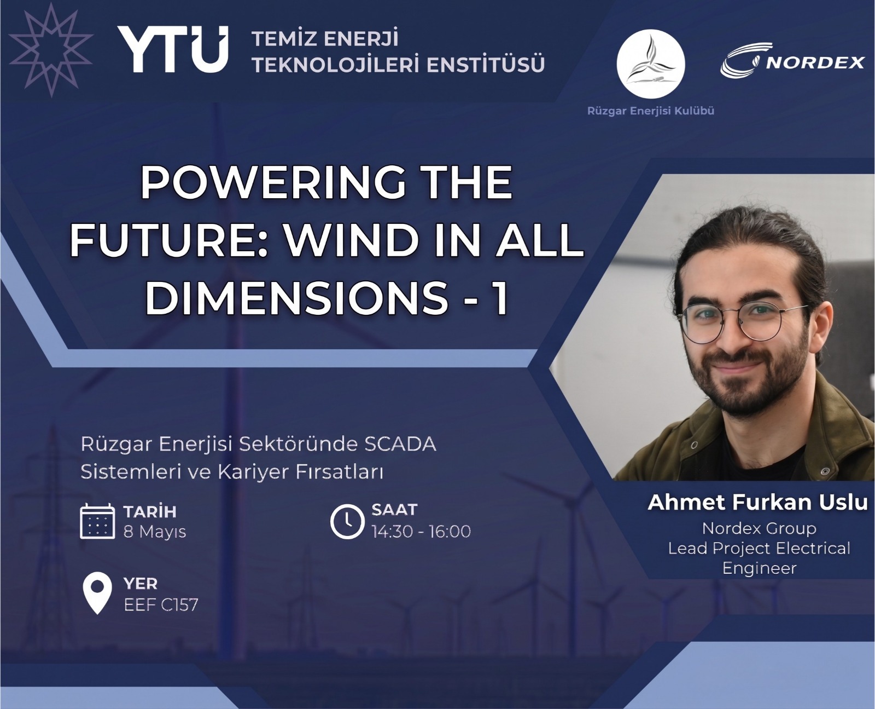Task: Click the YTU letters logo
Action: pos(172,49)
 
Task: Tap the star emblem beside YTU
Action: pos(50,50)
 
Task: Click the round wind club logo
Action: pos(650,64)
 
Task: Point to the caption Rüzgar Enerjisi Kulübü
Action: pos(651,111)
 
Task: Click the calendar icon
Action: pos(97,521)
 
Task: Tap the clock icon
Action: pos(347,521)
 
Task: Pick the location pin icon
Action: pos(97,592)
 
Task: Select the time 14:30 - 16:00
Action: pos(422,531)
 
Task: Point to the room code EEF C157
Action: pos(161,604)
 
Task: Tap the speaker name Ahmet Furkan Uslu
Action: pos(758,502)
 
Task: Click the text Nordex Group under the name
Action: pos(759,528)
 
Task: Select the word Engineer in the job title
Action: pos(759,568)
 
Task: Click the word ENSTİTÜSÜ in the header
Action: pos(486,64)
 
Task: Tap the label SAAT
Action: pos(394,510)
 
